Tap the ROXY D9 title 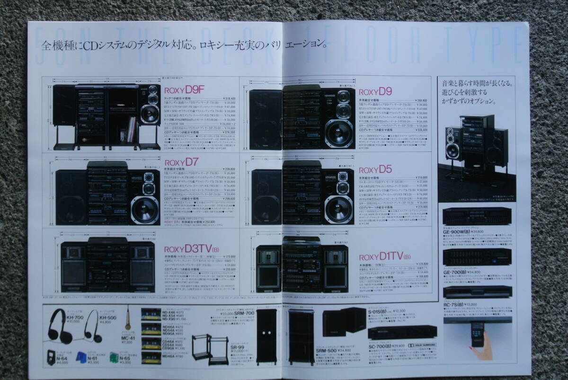tap(375, 92)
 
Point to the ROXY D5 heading tap(375, 168)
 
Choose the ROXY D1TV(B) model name tap(384, 256)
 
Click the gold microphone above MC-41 tap(127, 318)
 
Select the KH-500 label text tap(108, 318)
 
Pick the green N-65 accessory tap(114, 356)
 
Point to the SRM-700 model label tap(246, 313)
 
